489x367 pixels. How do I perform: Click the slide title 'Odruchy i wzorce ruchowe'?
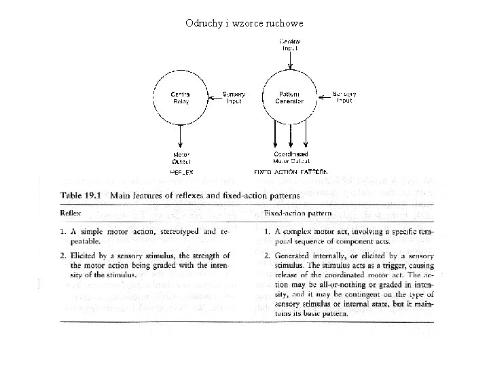click(244, 23)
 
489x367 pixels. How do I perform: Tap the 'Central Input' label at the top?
click(290, 46)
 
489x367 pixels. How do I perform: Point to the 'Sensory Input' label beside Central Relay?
click(234, 97)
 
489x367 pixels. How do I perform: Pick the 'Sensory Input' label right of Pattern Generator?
click(344, 97)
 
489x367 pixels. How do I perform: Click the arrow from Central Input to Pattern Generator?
click(290, 61)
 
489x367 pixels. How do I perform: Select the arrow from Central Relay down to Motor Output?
click(180, 136)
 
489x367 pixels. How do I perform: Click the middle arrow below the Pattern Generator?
click(291, 136)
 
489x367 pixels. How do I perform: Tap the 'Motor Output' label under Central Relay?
click(181, 158)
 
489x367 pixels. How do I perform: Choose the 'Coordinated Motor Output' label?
click(291, 158)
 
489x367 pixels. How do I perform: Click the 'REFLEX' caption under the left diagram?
click(181, 173)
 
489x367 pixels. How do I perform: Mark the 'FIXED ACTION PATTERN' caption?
click(291, 173)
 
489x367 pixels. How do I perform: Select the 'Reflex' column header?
click(71, 213)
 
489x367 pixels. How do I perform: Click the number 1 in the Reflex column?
click(62, 232)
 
